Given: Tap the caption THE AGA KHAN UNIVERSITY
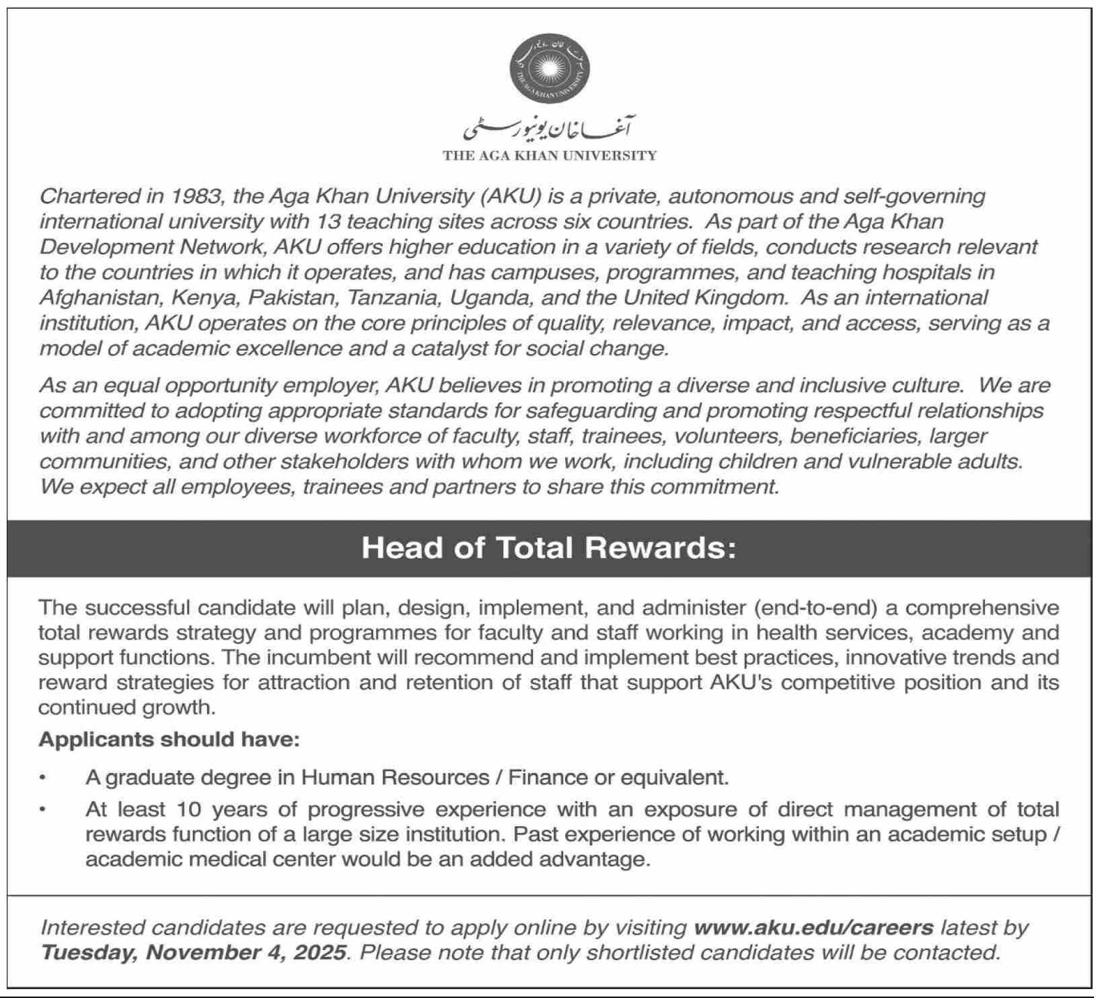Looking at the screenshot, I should coord(549,156).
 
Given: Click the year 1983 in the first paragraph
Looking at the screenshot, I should coord(197,197).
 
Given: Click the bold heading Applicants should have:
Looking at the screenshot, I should coord(169,740).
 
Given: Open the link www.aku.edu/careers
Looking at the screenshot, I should coord(813,928).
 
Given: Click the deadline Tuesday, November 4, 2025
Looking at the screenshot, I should coord(194,953).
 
